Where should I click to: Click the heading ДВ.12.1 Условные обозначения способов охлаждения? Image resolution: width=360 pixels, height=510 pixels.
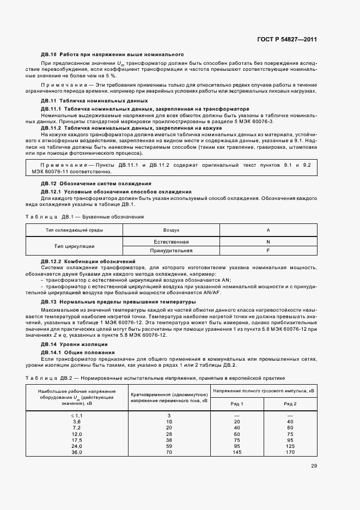[x=117, y=192]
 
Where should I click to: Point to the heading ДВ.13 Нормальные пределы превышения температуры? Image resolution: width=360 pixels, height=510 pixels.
[x=118, y=301]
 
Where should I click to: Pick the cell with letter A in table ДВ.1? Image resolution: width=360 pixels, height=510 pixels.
[x=268, y=230]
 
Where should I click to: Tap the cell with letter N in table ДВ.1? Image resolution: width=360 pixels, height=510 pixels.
[x=268, y=241]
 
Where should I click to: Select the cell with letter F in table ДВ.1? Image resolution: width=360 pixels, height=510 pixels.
[x=268, y=251]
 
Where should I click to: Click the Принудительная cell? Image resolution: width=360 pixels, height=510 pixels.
[x=171, y=251]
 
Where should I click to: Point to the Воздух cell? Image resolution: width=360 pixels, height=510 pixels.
[x=171, y=230]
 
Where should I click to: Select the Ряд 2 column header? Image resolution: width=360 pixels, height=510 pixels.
[x=290, y=404]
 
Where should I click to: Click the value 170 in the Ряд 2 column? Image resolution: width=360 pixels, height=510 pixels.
[x=290, y=452]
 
